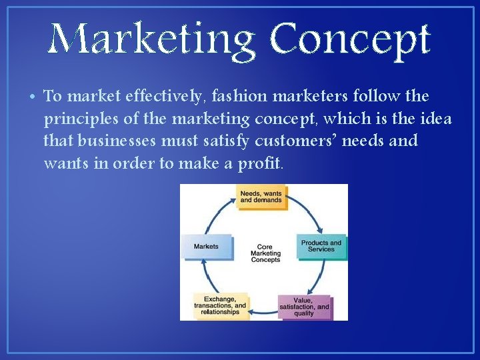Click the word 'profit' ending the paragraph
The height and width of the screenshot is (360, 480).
[x=261, y=163]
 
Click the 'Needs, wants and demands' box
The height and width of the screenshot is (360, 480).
[x=261, y=197]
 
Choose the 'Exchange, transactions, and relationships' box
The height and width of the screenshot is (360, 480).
[x=220, y=305]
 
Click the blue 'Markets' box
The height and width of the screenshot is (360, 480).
[x=207, y=246]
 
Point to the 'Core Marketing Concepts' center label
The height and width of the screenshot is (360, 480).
[x=265, y=253]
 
